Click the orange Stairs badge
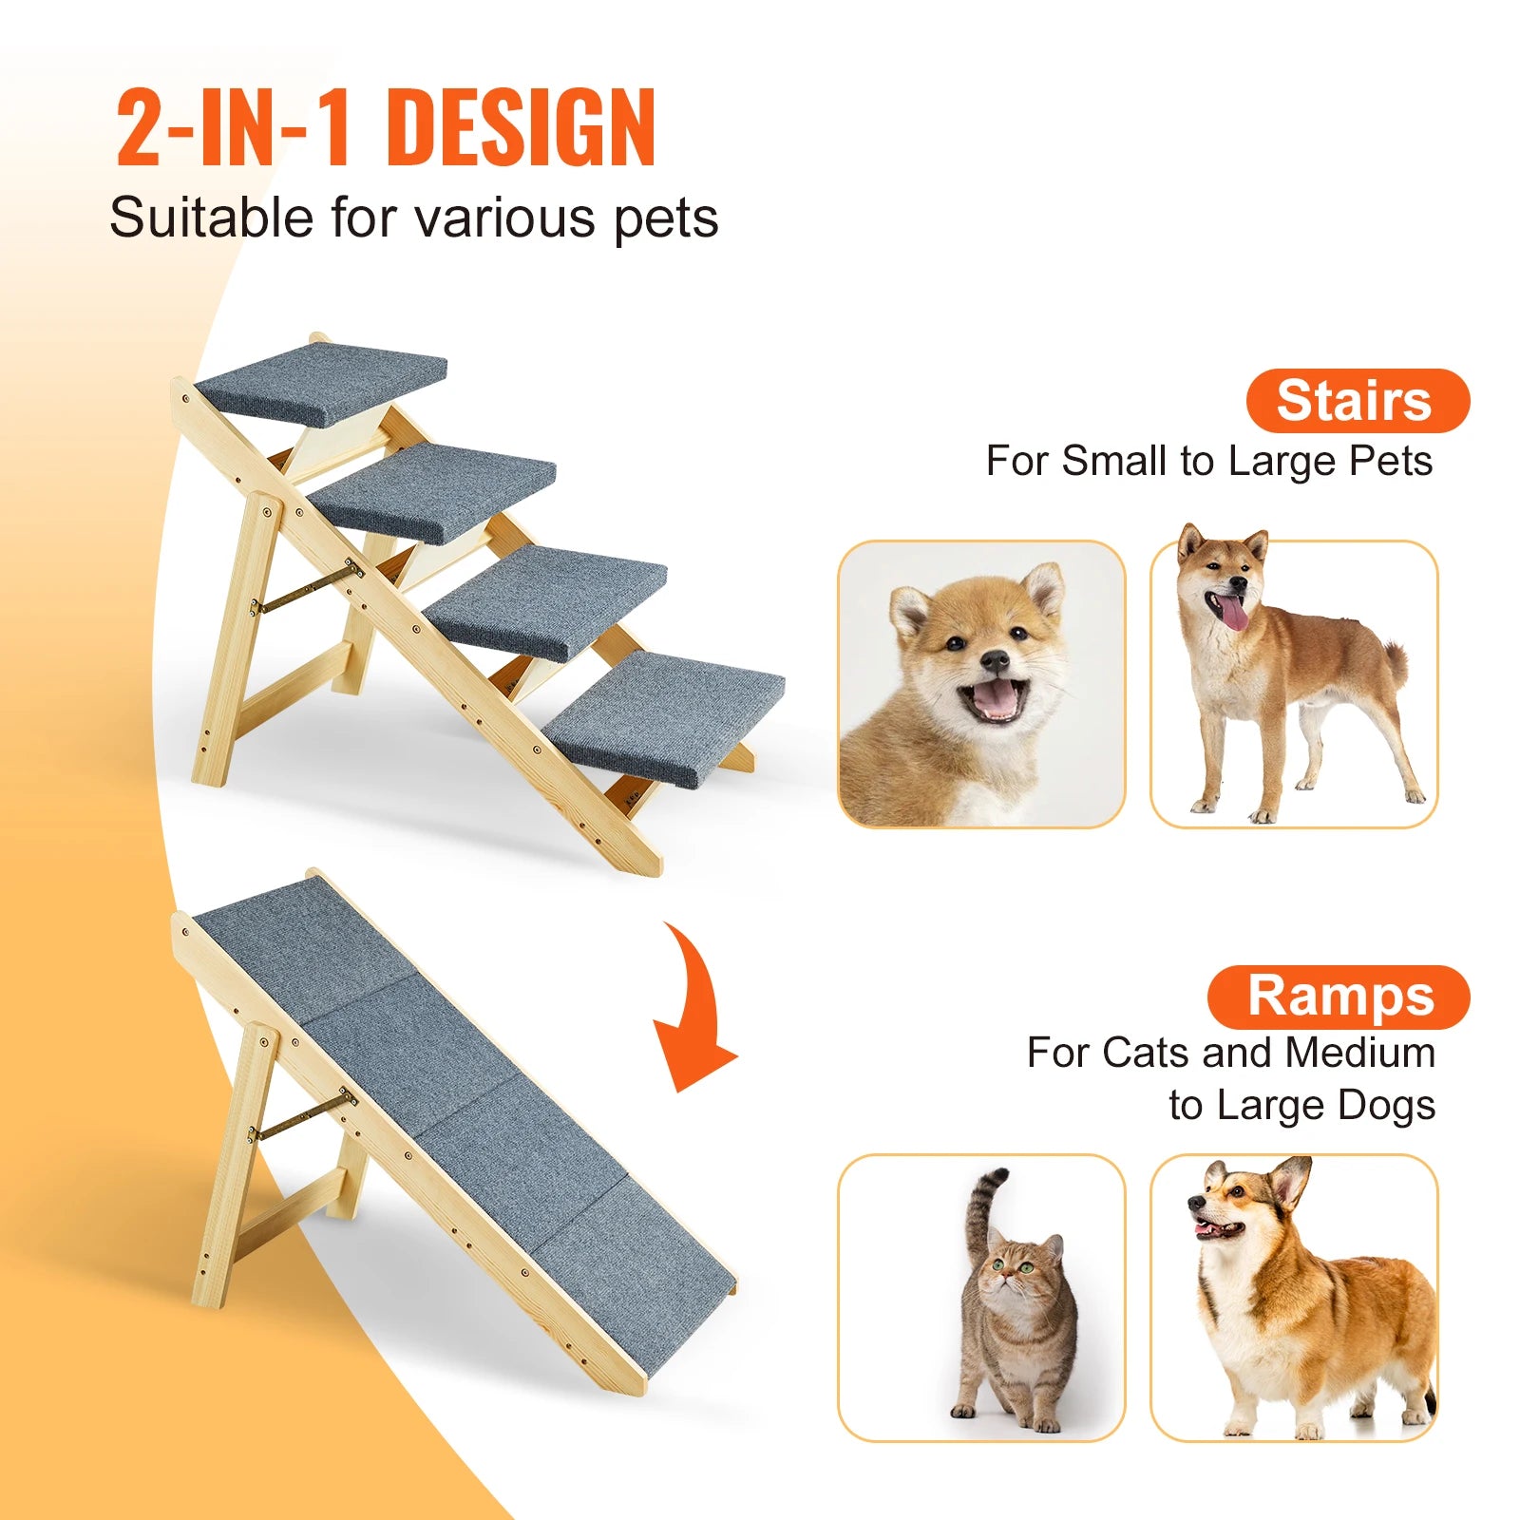(1357, 401)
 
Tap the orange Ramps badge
(1339, 997)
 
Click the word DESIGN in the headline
(522, 127)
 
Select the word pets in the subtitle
(666, 218)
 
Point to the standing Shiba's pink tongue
(1234, 613)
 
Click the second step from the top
(433, 491)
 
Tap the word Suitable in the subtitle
(211, 218)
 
